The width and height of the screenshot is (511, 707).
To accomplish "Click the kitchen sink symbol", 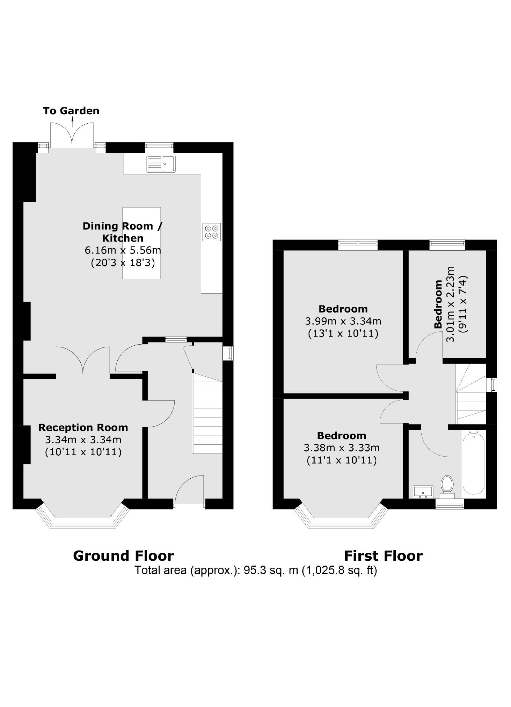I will click(x=161, y=163).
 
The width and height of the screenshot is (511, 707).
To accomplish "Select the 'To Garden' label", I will click(x=71, y=111).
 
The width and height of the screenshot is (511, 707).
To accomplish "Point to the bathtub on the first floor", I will click(x=473, y=462).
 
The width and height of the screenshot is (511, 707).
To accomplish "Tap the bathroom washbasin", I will click(x=423, y=492).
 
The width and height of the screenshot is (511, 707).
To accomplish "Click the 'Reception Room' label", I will click(x=83, y=427).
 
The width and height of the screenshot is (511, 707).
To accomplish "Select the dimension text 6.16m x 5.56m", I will click(x=123, y=250).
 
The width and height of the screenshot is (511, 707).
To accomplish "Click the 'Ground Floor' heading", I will click(x=123, y=555).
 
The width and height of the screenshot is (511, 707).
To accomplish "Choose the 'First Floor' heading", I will click(x=383, y=555).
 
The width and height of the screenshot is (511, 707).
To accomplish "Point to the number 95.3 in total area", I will click(x=253, y=570).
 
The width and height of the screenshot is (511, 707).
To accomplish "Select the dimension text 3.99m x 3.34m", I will click(x=343, y=321).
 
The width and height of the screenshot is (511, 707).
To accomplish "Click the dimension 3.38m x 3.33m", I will click(x=342, y=448).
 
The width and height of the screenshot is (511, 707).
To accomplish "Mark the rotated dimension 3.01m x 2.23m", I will click(x=451, y=304).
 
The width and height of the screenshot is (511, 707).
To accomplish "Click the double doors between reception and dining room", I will click(x=83, y=360).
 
